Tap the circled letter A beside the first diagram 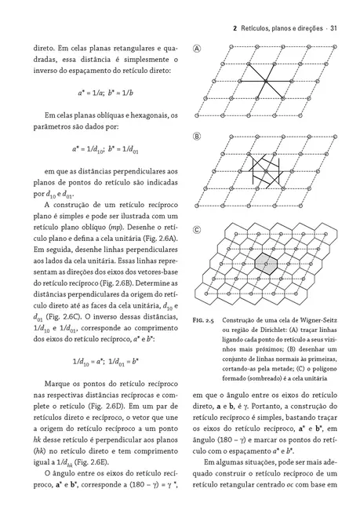(197, 49)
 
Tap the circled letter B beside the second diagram (197, 137)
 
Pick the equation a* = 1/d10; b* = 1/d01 (105, 148)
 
